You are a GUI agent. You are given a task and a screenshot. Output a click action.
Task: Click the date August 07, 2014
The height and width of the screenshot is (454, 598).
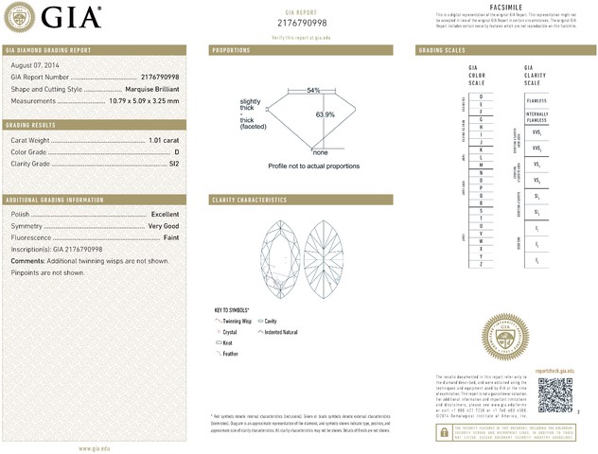tap(33, 63)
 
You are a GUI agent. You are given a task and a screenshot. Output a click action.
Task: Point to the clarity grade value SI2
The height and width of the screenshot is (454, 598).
tap(172, 164)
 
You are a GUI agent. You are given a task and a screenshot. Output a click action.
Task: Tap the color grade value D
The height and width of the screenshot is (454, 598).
tap(176, 151)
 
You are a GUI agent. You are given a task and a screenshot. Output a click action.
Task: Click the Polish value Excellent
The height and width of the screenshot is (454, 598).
tap(165, 215)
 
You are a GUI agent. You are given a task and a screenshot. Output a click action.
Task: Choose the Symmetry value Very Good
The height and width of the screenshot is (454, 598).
tap(164, 226)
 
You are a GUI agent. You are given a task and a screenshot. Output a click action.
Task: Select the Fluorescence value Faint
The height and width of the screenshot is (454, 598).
tap(169, 237)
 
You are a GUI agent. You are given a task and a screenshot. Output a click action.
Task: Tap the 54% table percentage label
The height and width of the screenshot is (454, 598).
tap(313, 90)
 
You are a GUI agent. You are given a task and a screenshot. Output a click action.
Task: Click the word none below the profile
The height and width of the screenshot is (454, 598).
tap(320, 152)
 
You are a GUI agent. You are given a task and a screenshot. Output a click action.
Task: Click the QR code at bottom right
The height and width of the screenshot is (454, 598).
tap(556, 395)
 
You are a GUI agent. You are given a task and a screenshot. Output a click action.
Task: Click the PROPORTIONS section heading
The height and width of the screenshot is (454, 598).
tap(232, 49)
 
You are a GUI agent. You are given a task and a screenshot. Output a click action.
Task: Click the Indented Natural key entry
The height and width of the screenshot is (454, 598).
tap(280, 332)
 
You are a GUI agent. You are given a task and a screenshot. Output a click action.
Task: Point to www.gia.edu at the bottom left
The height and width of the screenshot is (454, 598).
tap(97, 447)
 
